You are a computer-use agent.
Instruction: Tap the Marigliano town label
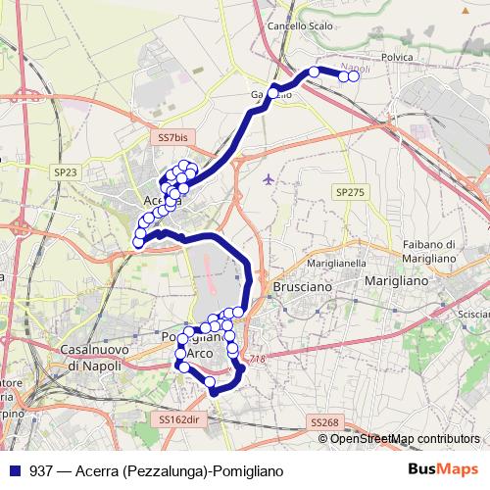coord(395,281)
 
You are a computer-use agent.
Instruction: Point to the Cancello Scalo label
coord(299,25)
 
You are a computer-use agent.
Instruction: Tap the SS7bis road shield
coord(172,139)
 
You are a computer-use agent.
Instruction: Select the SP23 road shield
coord(66,171)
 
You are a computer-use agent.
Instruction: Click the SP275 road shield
coord(348,193)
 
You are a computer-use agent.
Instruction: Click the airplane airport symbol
coord(269,178)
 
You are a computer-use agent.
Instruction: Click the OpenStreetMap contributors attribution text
coord(406,439)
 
